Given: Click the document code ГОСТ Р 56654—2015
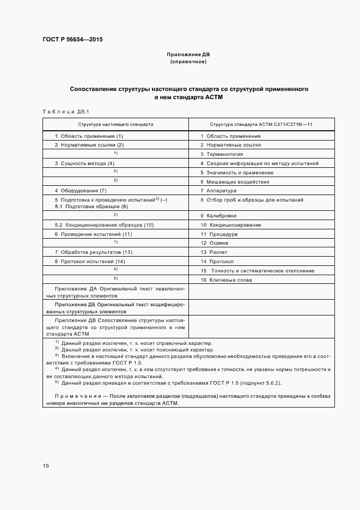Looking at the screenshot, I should coord(72,40).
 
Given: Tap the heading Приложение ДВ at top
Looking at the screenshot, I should coord(188,54).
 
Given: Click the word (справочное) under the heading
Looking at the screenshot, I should coord(188,62).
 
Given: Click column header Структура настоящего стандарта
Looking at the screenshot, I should coord(115,124).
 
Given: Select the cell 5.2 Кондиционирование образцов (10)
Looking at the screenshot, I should coord(104,225).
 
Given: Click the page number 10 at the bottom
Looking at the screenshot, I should coord(46,466).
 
